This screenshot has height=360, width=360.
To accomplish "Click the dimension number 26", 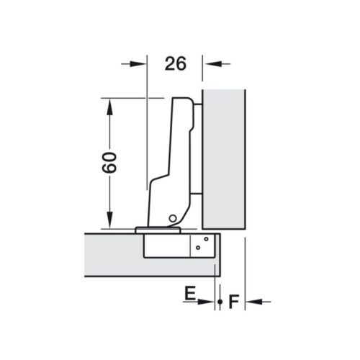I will pyautogui.click(x=175, y=63).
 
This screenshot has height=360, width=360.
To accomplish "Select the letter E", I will pyautogui.click(x=189, y=293).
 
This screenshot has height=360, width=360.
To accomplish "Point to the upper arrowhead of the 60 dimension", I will pyautogui.click(x=109, y=104).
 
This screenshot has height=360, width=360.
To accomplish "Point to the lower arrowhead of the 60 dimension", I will pyautogui.click(x=109, y=221).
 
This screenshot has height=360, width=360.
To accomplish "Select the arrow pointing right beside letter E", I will pyautogui.click(x=208, y=302).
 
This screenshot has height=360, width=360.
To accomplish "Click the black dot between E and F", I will pyautogui.click(x=219, y=302).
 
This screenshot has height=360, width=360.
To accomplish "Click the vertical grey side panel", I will pyautogui.click(x=224, y=155).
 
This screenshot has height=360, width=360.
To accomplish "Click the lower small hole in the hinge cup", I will pyautogui.click(x=198, y=249).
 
